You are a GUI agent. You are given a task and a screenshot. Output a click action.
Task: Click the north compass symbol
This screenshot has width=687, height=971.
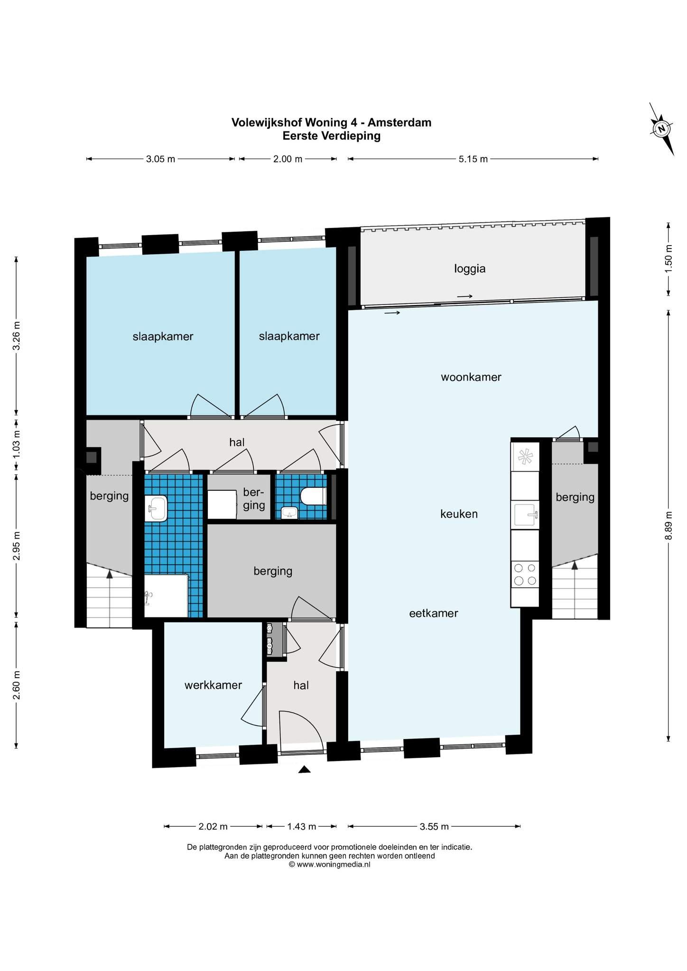click(661, 128)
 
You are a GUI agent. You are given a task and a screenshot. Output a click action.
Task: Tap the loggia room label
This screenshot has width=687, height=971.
click(470, 269)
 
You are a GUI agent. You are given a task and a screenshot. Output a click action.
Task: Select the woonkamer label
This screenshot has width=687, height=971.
click(471, 377)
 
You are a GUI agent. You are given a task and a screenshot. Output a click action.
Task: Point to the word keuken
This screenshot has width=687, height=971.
click(459, 514)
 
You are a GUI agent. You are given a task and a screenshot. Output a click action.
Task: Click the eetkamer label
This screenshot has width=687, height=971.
click(434, 613)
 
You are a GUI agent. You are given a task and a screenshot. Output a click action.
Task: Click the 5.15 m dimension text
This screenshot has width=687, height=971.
click(473, 159)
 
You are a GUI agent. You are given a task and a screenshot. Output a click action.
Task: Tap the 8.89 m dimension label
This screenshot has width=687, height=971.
click(668, 525)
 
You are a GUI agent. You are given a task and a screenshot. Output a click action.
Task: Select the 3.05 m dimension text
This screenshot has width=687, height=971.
click(160, 159)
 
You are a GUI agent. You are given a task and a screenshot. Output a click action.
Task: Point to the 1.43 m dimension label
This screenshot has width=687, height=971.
click(301, 827)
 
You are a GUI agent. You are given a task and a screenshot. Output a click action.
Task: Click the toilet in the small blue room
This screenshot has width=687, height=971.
click(314, 496)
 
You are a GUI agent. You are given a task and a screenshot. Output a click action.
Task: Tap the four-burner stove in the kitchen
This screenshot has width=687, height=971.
click(525, 574)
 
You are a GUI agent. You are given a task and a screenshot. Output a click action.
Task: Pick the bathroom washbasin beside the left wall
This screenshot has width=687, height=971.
click(156, 508)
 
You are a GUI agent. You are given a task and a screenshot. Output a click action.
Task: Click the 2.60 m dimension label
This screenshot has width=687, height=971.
click(17, 685)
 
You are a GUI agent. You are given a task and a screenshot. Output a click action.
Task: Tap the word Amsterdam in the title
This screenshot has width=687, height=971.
click(399, 122)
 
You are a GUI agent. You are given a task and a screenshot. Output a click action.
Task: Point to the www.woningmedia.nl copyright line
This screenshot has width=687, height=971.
click(329, 864)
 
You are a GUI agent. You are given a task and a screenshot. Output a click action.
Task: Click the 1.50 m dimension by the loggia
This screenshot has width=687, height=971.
click(668, 258)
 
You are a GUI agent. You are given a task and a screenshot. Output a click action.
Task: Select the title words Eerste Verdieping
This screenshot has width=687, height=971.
click(332, 136)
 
